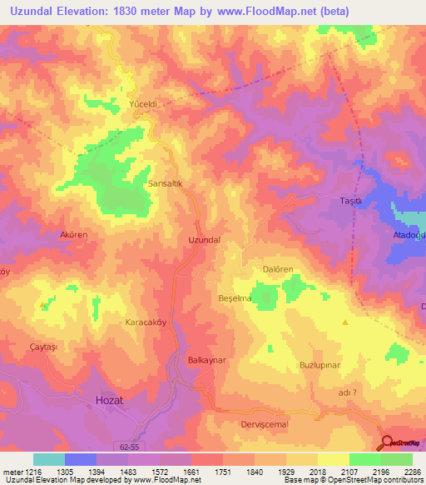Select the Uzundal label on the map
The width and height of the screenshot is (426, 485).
(205, 239)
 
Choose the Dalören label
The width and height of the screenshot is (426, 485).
(279, 269)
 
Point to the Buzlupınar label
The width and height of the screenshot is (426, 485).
(320, 365)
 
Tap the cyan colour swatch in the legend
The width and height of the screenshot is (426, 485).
(48, 459)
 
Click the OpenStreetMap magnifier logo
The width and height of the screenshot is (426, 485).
(386, 442)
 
